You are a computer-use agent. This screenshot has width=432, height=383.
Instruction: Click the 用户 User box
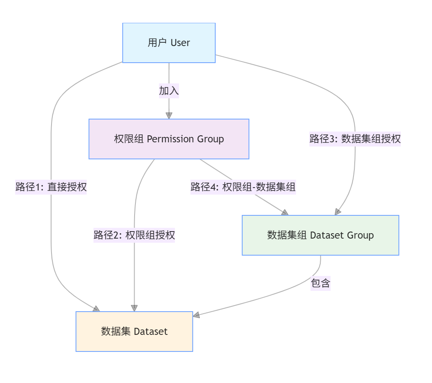point(169,43)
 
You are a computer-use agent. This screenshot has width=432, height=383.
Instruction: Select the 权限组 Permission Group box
point(169,139)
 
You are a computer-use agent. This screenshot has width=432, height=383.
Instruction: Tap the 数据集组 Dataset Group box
point(320,235)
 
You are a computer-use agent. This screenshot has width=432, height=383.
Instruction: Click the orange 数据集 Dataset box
point(134,332)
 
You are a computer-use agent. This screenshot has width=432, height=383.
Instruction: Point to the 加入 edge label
point(169,91)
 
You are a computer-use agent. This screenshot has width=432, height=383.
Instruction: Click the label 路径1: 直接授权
point(51,187)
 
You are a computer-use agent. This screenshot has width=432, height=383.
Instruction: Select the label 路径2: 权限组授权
point(134,235)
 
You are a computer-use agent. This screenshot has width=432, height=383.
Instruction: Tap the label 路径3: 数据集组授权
point(355,139)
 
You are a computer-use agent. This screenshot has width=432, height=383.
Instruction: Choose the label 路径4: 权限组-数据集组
point(243,187)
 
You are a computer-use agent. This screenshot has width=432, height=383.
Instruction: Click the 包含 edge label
point(320,283)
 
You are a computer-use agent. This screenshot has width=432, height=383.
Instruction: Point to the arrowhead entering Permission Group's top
point(169,116)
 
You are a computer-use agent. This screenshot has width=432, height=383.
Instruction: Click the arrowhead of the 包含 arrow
point(196,315)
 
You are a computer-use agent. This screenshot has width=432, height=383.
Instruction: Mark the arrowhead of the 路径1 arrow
point(96,309)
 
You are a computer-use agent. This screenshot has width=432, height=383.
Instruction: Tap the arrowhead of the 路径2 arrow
point(134,308)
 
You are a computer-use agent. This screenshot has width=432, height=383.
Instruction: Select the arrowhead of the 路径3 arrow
point(338,212)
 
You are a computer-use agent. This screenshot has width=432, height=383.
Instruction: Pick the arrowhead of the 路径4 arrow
point(285,212)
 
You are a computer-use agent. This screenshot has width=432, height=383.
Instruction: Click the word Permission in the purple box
point(170,139)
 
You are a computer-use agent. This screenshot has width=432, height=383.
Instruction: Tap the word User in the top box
point(180,43)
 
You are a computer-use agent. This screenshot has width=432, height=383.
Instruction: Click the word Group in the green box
point(360,235)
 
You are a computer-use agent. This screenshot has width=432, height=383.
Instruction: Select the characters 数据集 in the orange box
point(116,332)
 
